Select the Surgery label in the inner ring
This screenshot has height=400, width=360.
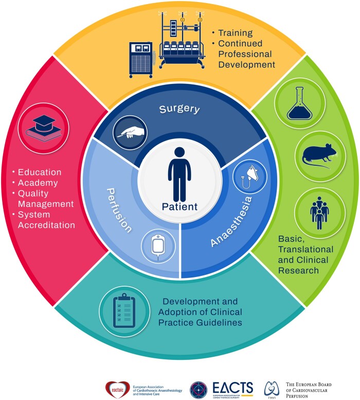180,109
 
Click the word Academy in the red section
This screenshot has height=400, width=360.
37,183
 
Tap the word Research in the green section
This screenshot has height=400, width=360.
299,270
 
